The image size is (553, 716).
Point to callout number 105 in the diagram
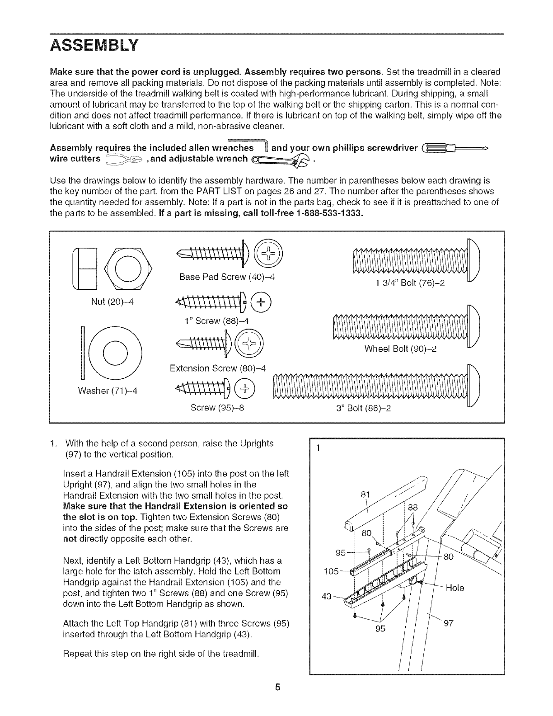coord(332,571)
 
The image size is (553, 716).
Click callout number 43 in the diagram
coord(327,597)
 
